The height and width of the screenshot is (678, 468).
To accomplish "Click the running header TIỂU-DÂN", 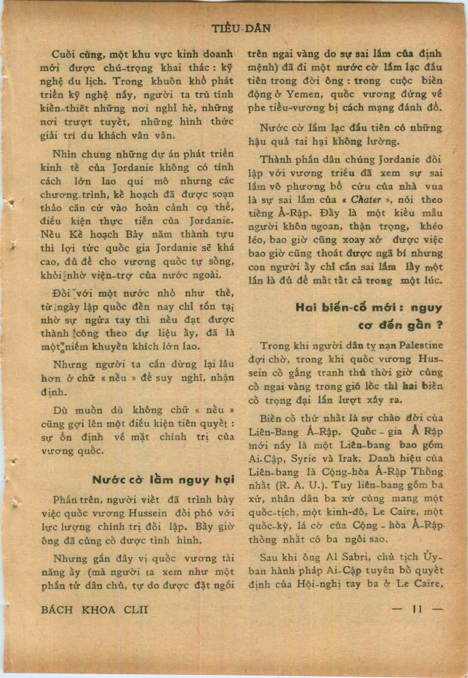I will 241,28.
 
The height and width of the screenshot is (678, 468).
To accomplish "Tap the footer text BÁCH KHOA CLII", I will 94,610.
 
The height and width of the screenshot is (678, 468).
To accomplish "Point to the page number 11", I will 417,609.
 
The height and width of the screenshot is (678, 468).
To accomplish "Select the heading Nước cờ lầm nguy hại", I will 163,480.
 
